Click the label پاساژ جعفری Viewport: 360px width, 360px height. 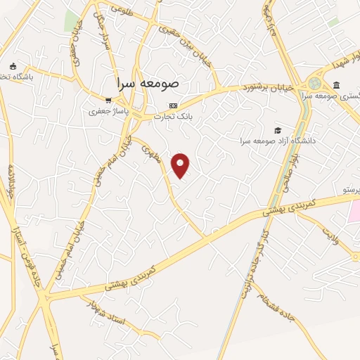click(x=108, y=111)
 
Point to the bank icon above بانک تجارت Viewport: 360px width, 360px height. click(x=174, y=105)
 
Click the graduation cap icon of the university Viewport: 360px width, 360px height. click(x=278, y=130)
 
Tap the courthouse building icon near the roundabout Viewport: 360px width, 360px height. click(x=335, y=86)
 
